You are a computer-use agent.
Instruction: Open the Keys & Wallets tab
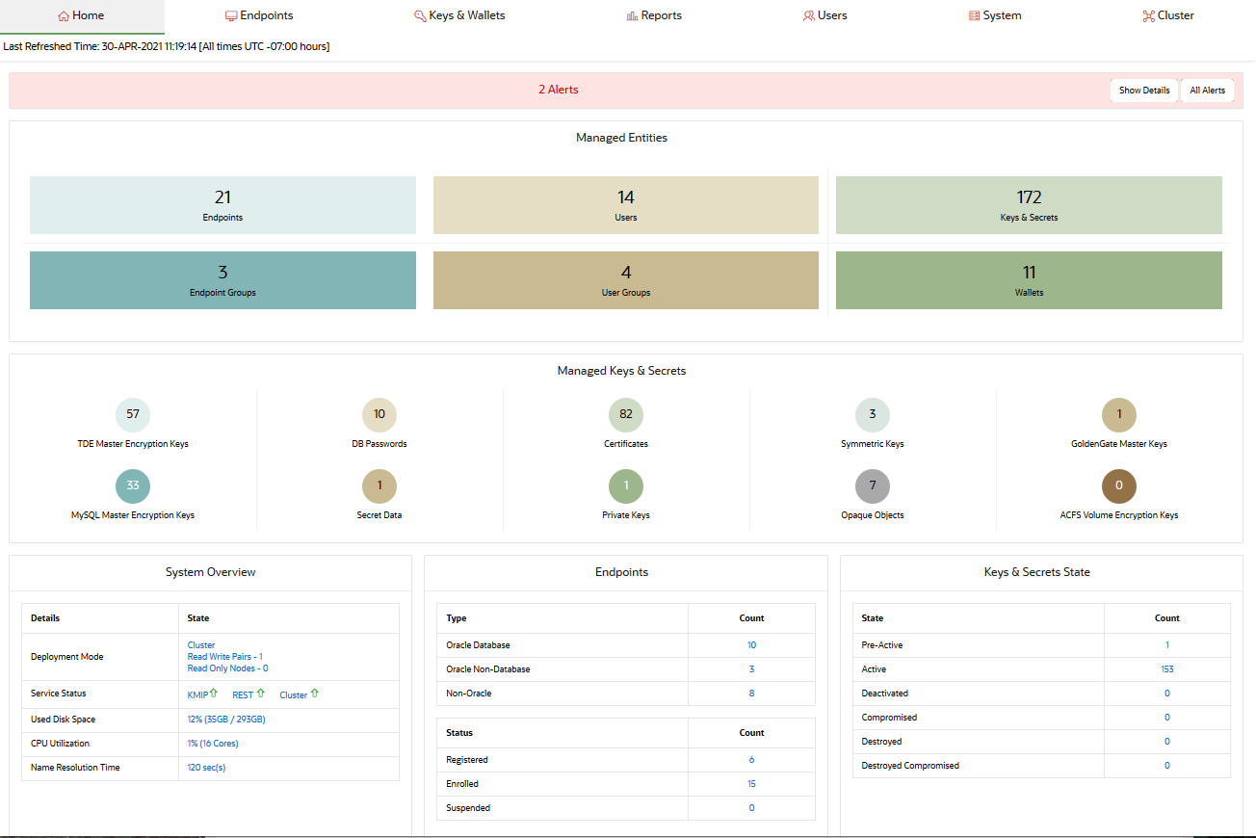(x=459, y=15)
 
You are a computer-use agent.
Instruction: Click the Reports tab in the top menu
(x=654, y=15)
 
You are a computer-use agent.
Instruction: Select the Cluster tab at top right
(x=1168, y=15)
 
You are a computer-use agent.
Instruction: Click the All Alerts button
(x=1207, y=91)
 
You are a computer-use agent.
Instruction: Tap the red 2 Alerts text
(x=559, y=90)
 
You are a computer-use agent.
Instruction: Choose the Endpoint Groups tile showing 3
(x=222, y=280)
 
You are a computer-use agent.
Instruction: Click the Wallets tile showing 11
(x=1029, y=280)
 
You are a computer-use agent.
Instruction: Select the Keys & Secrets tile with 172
(x=1029, y=205)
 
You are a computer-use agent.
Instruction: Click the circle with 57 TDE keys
(x=133, y=414)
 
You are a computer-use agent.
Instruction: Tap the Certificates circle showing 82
(x=626, y=414)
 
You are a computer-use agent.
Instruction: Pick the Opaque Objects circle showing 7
(x=873, y=485)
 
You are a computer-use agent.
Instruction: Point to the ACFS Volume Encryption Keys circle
(x=1119, y=485)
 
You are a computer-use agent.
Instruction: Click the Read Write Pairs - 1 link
(x=225, y=657)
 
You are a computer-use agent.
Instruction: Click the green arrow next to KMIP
(x=214, y=694)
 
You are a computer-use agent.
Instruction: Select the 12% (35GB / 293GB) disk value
(x=226, y=720)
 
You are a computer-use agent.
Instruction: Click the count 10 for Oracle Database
(x=751, y=645)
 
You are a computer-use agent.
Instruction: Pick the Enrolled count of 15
(x=751, y=784)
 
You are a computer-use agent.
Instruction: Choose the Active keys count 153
(x=1167, y=669)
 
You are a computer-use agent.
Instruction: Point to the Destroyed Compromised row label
(x=910, y=766)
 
